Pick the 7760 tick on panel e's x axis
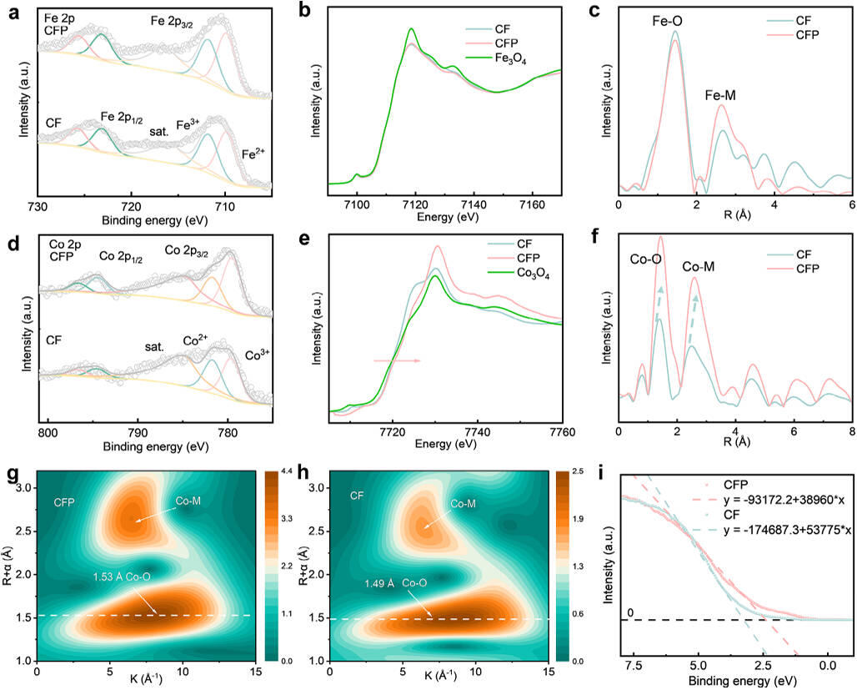(x=562, y=432)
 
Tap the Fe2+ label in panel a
(x=253, y=154)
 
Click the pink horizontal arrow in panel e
(x=396, y=360)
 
